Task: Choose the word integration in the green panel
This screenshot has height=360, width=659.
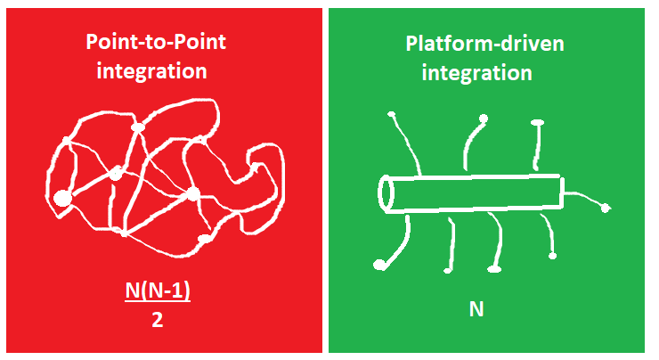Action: point(476,71)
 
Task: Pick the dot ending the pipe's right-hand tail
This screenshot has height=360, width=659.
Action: point(606,209)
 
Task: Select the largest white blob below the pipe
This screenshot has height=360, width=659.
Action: point(380,265)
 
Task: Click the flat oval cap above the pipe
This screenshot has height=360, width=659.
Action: point(537,123)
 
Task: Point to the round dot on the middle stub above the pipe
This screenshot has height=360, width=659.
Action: point(484,119)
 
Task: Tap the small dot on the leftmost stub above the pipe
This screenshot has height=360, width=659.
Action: point(390,114)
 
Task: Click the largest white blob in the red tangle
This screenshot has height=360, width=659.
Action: point(62,198)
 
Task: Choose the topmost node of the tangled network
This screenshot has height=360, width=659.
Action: point(137,127)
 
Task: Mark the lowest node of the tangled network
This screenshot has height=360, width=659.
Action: point(203,240)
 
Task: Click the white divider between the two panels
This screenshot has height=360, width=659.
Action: point(325,178)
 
